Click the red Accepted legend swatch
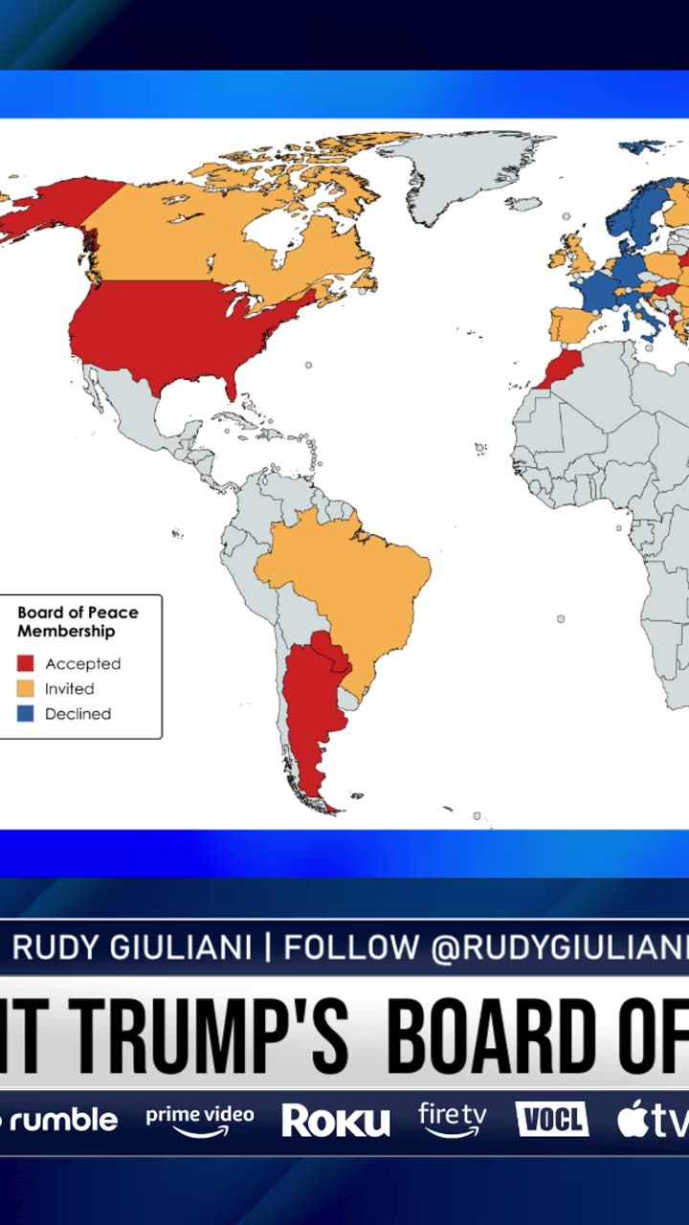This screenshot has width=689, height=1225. click(x=26, y=663)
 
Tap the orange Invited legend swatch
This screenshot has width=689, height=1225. click(x=26, y=688)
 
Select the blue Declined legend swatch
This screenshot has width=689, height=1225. click(x=26, y=714)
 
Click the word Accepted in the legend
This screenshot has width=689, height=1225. click(x=82, y=664)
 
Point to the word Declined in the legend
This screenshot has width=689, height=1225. click(x=78, y=714)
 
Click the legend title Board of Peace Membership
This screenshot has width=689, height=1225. click(x=78, y=621)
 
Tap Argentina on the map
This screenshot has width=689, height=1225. click(x=311, y=708)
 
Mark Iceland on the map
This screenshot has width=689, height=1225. click(x=523, y=203)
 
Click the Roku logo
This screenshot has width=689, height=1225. click(x=335, y=1121)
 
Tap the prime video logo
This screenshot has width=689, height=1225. click(x=200, y=1120)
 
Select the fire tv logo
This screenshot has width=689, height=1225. click(x=453, y=1119)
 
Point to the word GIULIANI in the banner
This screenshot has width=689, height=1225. click(x=181, y=947)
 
